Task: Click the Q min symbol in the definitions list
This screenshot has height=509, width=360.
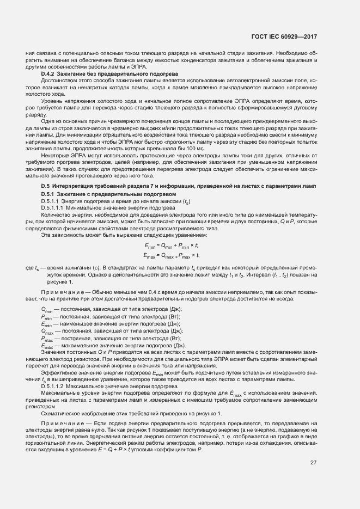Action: tap(46, 310)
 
